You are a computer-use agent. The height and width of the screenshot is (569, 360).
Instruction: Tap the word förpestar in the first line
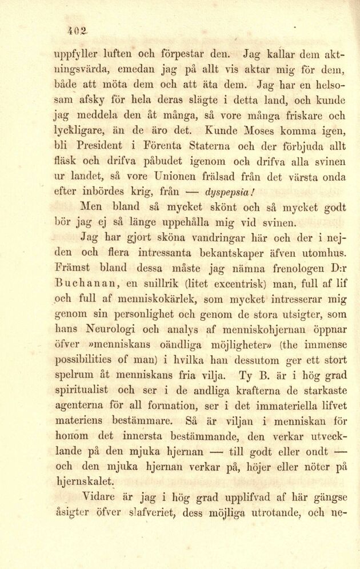coord(189,57)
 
